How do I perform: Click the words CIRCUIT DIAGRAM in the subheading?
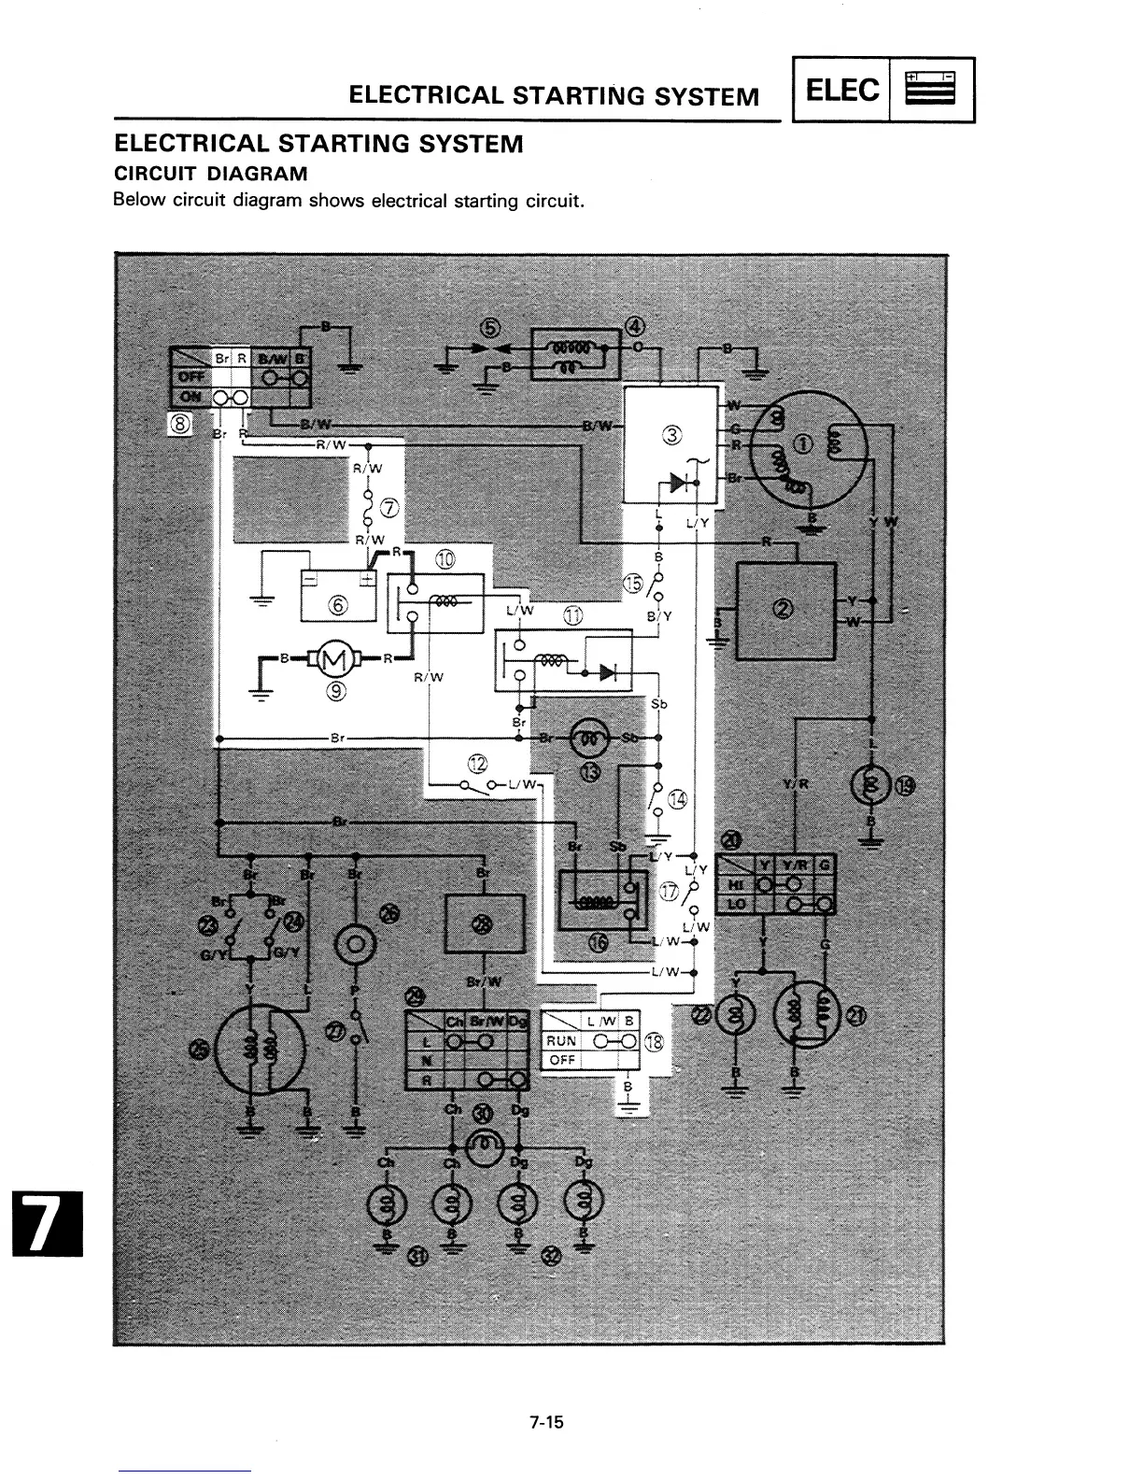210,174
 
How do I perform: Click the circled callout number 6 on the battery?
338,604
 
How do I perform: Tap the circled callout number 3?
671,434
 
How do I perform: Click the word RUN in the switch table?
562,1040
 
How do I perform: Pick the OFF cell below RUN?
562,1060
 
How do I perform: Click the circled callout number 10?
445,559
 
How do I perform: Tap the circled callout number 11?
571,615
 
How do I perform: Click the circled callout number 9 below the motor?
336,691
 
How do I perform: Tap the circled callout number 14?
678,799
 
